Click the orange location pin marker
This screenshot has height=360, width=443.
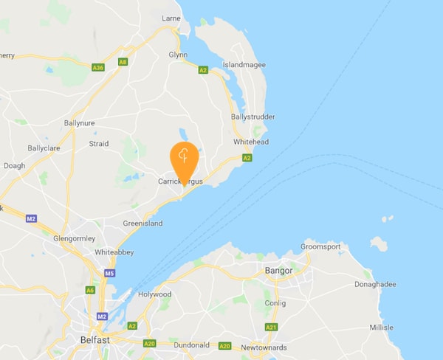184,159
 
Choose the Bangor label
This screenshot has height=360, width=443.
278,271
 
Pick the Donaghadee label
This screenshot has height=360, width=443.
375,284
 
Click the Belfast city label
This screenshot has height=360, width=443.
95,341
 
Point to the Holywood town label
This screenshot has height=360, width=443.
154,294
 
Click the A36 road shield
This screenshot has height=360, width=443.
98,68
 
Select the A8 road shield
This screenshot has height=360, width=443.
123,62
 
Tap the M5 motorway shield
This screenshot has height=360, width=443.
109,274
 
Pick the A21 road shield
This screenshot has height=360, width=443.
271,327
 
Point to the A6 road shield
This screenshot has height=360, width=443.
91,291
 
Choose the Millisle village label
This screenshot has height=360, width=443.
382,328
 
